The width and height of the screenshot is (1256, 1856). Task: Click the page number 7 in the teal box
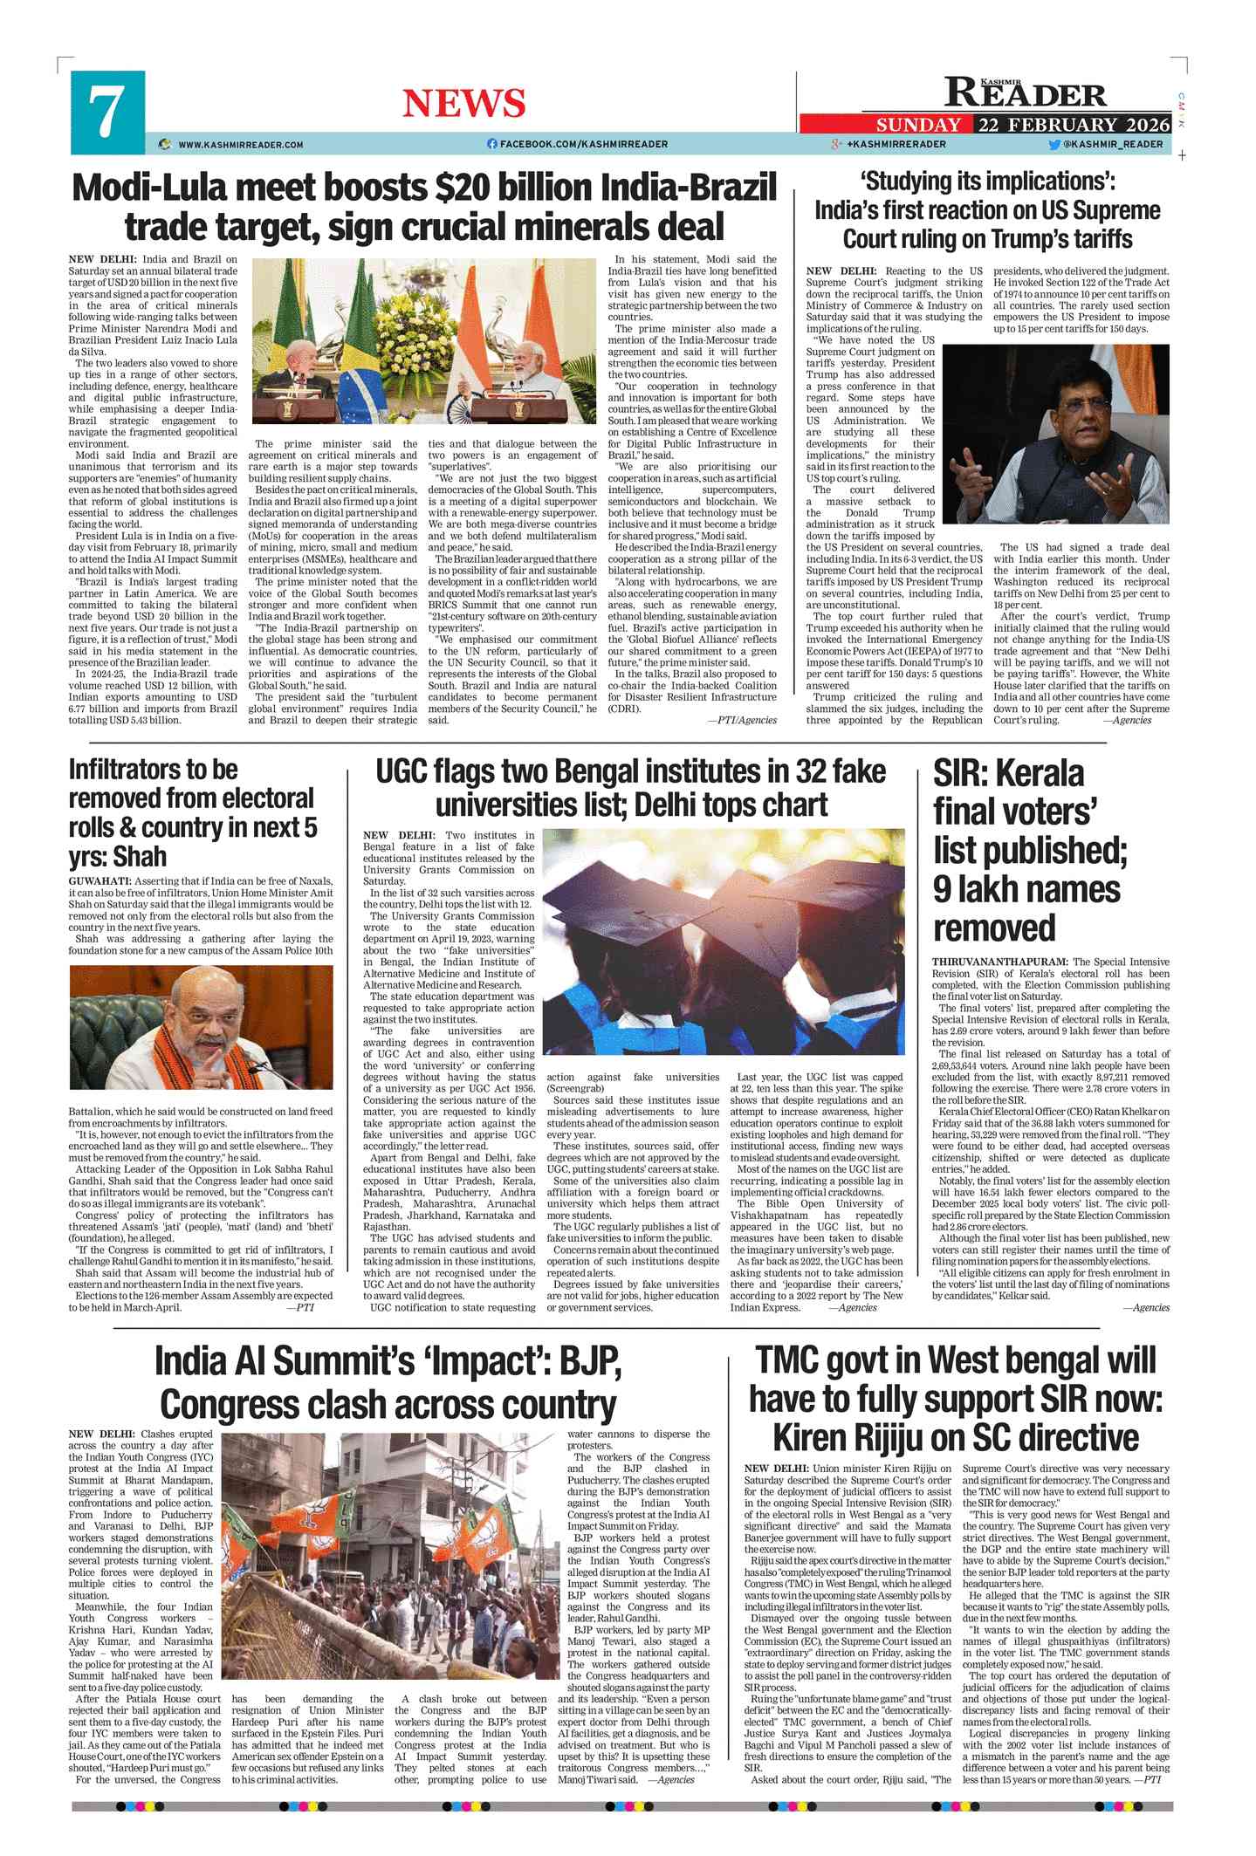pos(106,112)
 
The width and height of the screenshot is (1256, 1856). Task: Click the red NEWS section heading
pos(463,104)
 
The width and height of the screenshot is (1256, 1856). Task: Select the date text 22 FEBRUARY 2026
pos(1074,125)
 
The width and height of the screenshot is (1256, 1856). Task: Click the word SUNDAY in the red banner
pos(918,125)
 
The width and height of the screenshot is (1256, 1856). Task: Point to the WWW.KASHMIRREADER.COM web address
pos(240,145)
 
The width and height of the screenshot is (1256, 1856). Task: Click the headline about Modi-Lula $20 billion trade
pos(424,207)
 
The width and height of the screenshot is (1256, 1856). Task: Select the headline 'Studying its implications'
pos(987,210)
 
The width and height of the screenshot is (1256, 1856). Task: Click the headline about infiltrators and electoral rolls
pos(193,812)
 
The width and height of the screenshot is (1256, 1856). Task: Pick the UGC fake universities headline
pos(631,788)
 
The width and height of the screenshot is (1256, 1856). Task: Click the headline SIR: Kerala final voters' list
pos(1030,850)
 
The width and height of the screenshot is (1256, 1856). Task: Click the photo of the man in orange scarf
pos(201,1026)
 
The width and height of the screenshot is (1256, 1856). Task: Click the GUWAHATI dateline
pos(100,881)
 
